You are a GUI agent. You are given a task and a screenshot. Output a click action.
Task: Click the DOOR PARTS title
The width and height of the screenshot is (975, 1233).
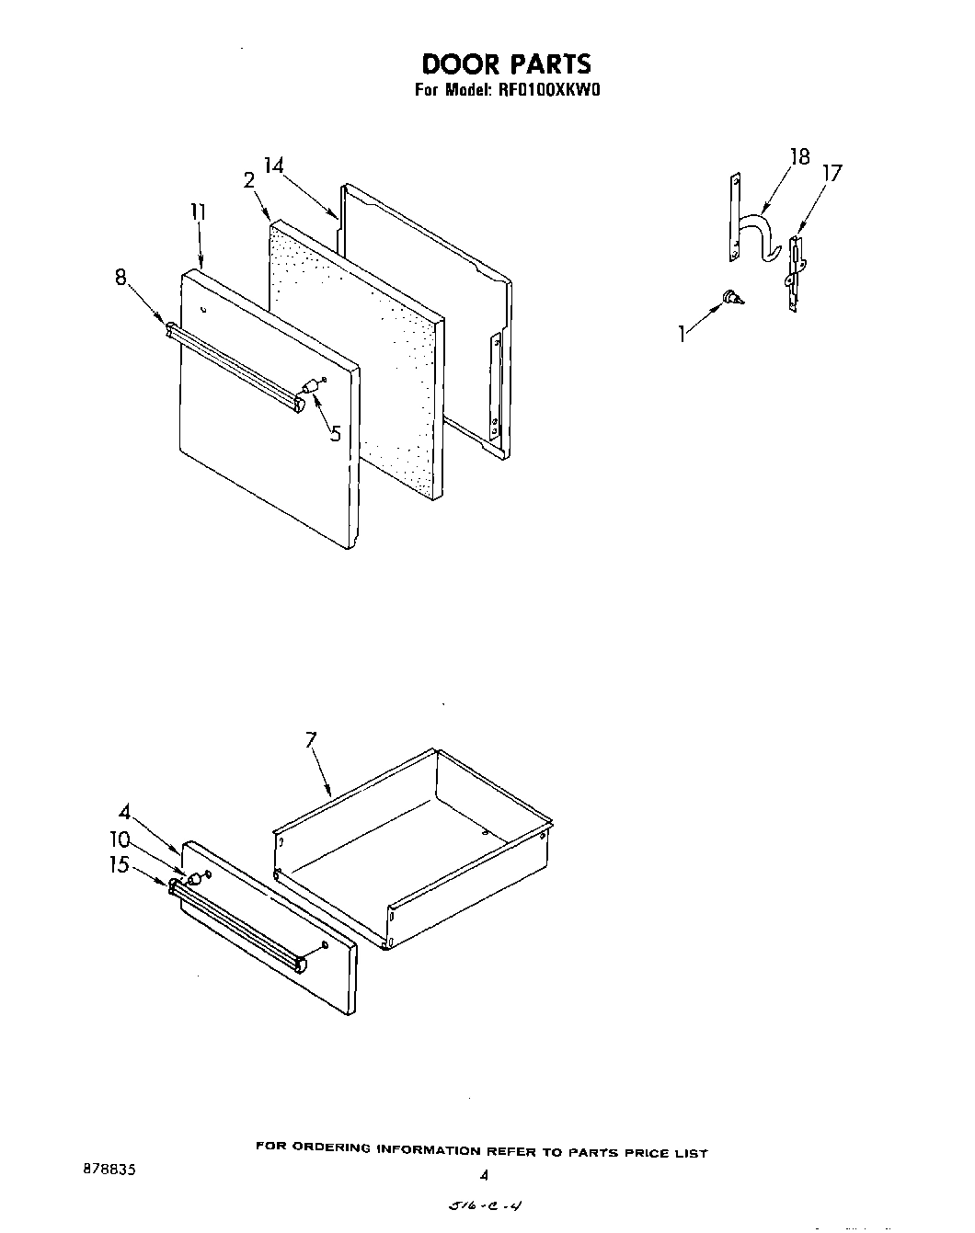click(506, 63)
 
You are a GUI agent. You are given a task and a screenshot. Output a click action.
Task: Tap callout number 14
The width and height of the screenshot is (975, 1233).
click(273, 166)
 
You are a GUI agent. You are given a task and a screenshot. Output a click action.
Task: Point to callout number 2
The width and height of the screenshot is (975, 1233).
click(248, 181)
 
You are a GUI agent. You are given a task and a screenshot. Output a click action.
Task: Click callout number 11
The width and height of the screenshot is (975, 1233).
click(198, 212)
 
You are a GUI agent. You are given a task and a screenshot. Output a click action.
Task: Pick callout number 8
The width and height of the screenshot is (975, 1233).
click(120, 276)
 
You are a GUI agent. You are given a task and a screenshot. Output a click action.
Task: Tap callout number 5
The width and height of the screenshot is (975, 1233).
click(335, 432)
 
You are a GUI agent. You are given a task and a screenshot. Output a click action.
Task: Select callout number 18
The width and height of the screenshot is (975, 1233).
click(799, 156)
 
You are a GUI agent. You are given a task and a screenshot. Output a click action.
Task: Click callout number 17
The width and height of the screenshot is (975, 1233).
click(832, 173)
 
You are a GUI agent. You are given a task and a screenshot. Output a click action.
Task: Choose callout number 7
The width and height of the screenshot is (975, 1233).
click(310, 740)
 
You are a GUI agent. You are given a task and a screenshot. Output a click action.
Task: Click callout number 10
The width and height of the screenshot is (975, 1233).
click(120, 839)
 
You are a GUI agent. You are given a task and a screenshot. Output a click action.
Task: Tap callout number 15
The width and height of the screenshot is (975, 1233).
click(120, 864)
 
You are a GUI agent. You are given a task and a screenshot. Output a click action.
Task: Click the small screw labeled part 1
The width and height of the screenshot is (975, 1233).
click(733, 297)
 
